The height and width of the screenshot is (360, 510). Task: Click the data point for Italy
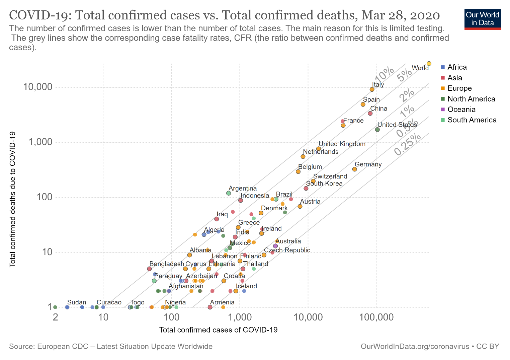372,89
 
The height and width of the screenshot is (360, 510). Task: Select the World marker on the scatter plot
429,64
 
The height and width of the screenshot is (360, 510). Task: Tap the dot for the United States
377,130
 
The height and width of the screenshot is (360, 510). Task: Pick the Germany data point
354,169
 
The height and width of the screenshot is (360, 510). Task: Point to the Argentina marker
229,193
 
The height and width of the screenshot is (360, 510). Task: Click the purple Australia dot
275,246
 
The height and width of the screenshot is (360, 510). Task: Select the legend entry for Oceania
461,110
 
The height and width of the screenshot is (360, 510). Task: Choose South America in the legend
472,120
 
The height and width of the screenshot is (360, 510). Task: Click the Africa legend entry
457,67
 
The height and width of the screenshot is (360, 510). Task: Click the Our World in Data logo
483,19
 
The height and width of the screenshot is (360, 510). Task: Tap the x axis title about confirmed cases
218,330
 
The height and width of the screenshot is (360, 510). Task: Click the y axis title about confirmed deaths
13,199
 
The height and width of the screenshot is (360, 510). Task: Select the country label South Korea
324,184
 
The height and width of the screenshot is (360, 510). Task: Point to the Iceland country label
246,286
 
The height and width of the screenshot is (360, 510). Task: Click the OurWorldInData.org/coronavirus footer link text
415,347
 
